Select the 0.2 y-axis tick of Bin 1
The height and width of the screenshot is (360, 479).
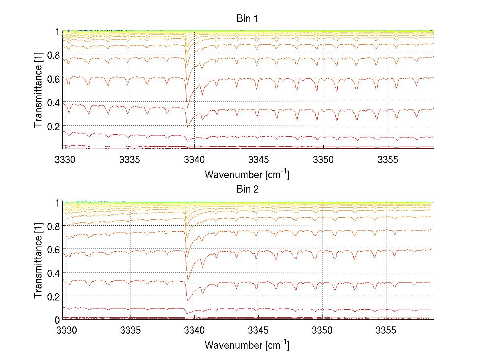[53, 126]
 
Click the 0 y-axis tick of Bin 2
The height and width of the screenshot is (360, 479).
[57, 320]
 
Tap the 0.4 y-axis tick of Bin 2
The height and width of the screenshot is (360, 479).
[53, 273]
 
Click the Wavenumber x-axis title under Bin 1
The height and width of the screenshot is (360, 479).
[247, 174]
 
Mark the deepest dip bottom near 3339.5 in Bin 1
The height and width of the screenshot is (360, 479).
[187, 127]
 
